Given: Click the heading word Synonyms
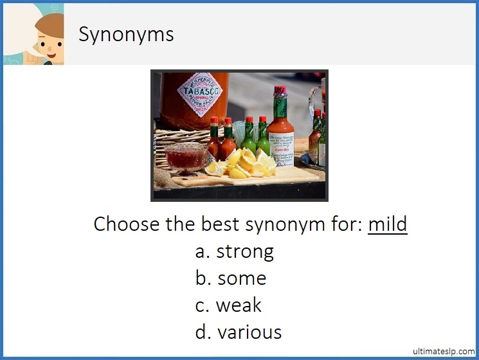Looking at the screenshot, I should (126, 33).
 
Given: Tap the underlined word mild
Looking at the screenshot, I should (387, 224).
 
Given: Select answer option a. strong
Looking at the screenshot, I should (235, 251).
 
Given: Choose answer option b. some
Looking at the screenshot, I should (231, 278).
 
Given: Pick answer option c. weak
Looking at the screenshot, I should (229, 305).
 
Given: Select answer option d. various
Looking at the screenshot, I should (239, 332).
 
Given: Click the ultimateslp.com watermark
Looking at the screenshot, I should (443, 351).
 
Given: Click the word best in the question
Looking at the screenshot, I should (220, 224).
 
